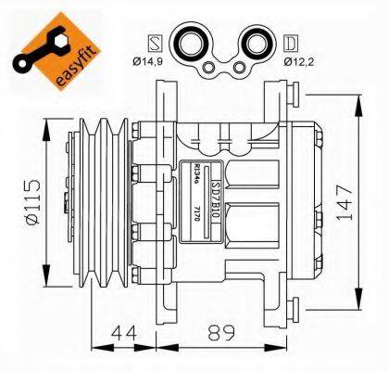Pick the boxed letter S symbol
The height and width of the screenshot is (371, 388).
(156, 43)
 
